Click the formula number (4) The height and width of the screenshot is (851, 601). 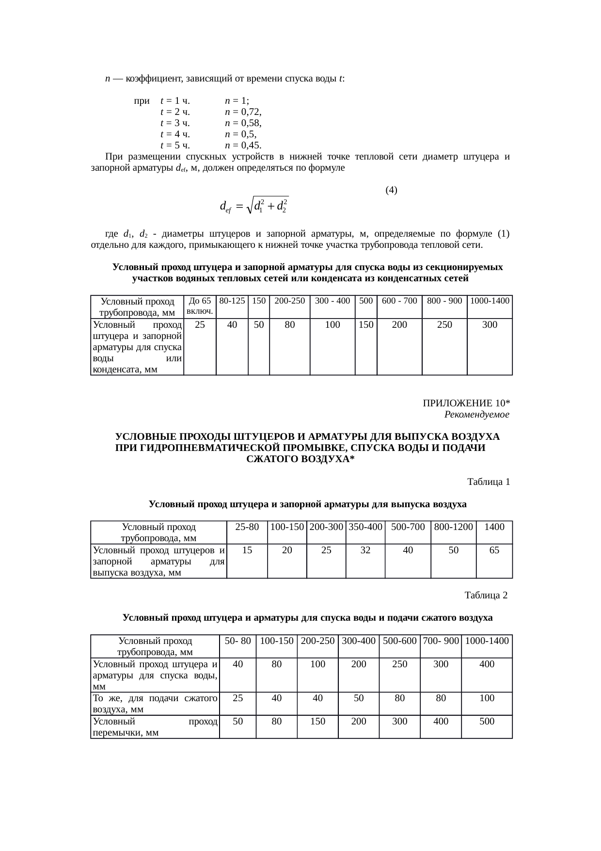[391, 190]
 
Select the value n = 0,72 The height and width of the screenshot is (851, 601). [243, 112]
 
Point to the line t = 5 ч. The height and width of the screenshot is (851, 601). [174, 145]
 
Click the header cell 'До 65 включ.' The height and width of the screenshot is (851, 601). [200, 305]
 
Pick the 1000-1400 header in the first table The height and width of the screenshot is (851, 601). [490, 301]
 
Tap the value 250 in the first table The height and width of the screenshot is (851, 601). [444, 325]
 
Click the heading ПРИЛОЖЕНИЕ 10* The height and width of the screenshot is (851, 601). [466, 403]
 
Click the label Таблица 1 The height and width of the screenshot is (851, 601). [488, 482]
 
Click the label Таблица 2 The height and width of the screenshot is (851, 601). [486, 595]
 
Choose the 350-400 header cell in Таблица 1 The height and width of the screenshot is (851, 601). [365, 527]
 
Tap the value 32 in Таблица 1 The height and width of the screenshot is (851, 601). [365, 550]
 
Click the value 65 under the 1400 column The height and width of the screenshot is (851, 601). [494, 550]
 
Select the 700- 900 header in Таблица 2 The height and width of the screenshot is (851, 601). [441, 641]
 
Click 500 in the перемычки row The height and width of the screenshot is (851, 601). [487, 722]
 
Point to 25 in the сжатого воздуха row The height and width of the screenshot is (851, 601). [237, 698]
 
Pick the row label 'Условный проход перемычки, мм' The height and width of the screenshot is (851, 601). [155, 727]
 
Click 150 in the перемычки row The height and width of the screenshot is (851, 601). [317, 722]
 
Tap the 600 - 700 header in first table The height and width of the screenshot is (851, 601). [399, 301]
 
